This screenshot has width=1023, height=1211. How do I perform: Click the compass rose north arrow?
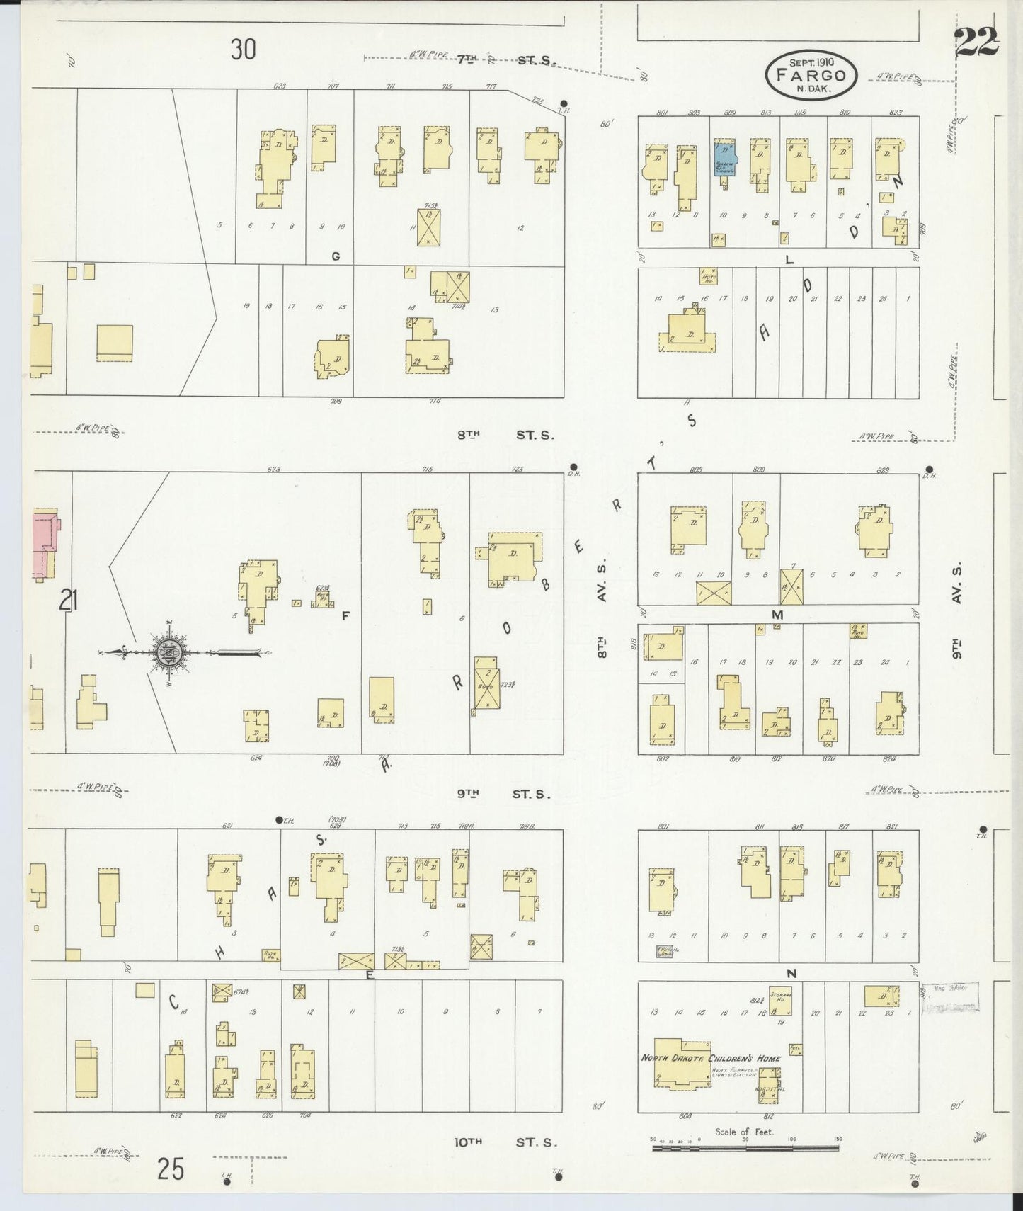pos(170,652)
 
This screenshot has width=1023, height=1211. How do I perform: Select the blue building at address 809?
pos(724,159)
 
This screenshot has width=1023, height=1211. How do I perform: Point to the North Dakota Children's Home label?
pos(711,1058)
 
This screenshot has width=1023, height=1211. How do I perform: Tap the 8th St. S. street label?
pos(505,435)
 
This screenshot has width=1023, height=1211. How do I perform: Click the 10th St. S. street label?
pos(505,1142)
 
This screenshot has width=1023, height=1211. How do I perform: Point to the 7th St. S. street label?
pos(505,60)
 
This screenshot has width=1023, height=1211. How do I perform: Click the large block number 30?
pos(243,50)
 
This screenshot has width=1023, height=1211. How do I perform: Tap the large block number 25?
pos(171,1169)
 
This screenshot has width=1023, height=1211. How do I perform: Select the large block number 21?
pos(69,601)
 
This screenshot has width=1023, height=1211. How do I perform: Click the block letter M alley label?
pos(777,615)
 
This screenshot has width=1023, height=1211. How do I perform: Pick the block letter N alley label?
pos(791,974)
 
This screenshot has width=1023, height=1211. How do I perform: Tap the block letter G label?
pos(336,256)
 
